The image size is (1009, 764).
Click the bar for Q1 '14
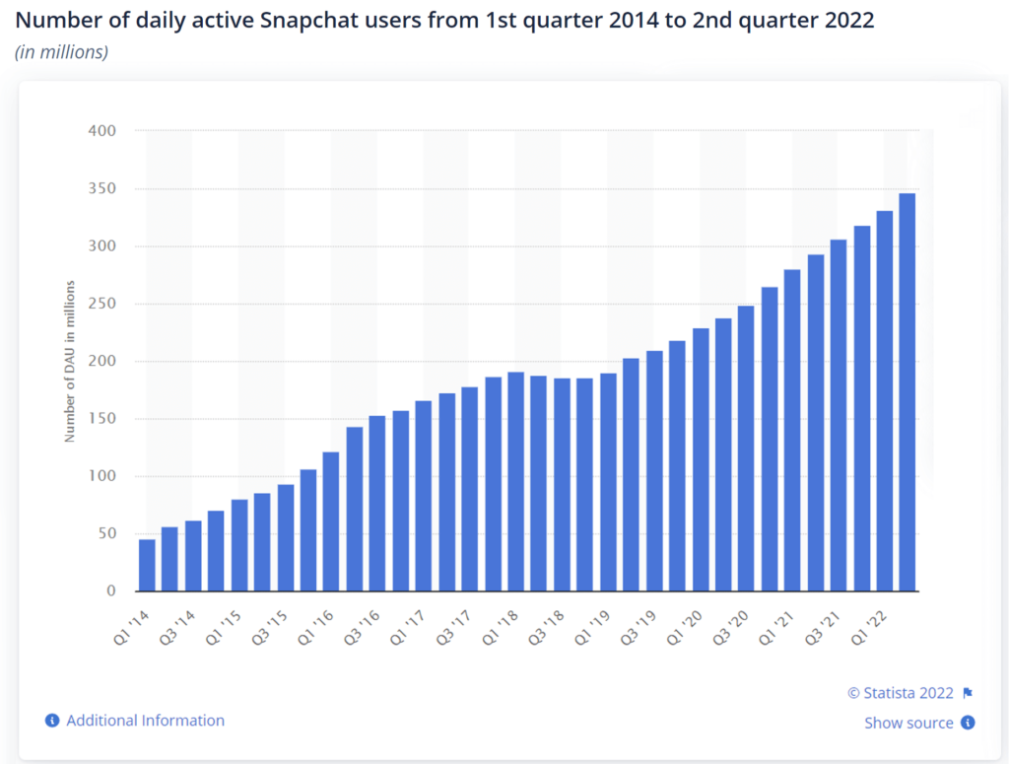click(147, 565)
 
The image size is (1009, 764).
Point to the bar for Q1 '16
click(331, 521)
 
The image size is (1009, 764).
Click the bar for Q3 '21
click(839, 415)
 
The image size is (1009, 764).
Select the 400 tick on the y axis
click(102, 131)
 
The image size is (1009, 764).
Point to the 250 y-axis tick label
click(102, 304)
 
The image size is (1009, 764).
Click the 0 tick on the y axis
click(111, 591)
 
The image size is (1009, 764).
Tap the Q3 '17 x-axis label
click(452, 625)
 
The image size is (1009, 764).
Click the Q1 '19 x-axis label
click(591, 625)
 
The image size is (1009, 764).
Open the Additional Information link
click(145, 721)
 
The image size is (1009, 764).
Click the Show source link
click(908, 723)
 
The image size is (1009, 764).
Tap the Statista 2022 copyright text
click(902, 692)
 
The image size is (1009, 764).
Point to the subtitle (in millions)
click(61, 51)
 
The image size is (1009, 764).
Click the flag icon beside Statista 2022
click(968, 692)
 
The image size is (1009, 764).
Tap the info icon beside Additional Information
click(52, 721)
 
